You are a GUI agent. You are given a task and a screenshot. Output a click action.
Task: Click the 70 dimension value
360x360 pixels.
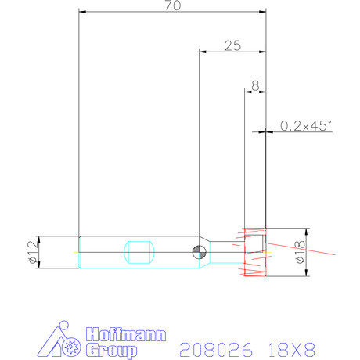coord(174,6)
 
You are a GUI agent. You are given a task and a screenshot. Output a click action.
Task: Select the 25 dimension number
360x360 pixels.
coord(232,45)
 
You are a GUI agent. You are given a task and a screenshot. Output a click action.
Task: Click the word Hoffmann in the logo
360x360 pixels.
coord(125,334)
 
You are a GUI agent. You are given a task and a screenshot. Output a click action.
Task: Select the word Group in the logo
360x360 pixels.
coord(112,349)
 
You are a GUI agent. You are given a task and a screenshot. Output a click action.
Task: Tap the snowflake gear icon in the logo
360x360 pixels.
coord(73,345)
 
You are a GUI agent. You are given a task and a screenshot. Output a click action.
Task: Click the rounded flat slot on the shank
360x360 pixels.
coord(139,252)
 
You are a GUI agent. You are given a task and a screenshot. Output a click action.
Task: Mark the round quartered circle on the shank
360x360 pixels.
coord(199,251)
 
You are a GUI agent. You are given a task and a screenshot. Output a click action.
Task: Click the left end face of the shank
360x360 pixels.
coord(79,252)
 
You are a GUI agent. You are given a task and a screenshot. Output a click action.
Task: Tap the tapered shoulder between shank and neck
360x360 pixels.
coord(211,251)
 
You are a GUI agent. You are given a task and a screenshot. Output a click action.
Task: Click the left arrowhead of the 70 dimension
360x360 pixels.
coord(82,12)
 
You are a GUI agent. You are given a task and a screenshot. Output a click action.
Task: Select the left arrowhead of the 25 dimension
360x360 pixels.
coord(202,52)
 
